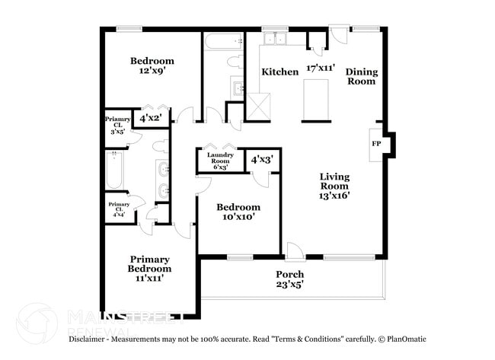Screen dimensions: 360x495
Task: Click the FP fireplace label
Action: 375,144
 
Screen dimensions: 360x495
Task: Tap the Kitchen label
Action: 280,72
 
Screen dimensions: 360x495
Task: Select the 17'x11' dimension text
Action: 321,68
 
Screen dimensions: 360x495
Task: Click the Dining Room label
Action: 362,77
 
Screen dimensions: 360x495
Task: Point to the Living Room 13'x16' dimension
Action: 334,196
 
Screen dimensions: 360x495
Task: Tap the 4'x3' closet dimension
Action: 262,160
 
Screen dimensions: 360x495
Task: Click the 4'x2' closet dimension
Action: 150,119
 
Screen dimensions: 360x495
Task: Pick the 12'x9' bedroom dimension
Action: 152,71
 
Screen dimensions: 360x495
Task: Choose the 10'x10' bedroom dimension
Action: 238,217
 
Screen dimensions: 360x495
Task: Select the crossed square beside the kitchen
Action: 259,107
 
